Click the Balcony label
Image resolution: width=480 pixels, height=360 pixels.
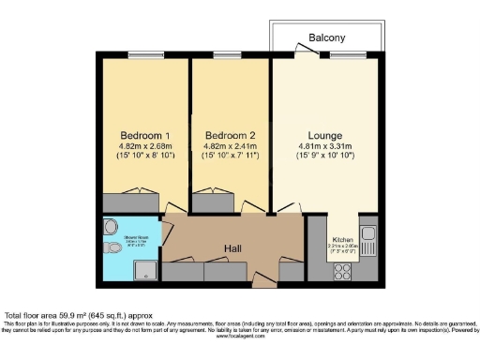tap(327, 37)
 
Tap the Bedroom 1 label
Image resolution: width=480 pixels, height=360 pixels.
tap(140, 134)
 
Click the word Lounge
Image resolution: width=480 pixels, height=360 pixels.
tap(327, 134)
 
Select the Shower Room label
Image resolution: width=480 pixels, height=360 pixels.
tap(118, 238)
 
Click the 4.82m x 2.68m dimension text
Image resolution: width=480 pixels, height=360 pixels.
tap(140, 146)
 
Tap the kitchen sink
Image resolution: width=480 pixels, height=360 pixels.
tap(367, 233)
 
